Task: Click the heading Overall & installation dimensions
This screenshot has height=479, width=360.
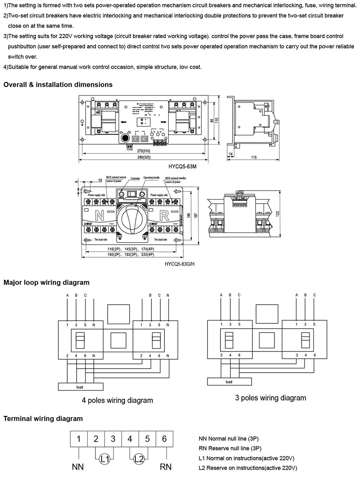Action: click(58, 85)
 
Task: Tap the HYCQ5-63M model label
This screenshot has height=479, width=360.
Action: click(183, 167)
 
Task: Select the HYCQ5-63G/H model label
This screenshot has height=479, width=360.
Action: click(179, 264)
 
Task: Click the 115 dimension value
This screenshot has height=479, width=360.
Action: click(254, 157)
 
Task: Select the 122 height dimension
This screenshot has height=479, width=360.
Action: click(278, 213)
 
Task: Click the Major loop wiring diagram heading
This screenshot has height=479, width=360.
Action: click(46, 283)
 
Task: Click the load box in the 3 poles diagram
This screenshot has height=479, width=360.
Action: click(229, 382)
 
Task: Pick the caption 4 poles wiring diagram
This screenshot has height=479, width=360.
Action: click(117, 400)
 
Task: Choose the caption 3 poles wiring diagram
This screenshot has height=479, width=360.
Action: click(271, 398)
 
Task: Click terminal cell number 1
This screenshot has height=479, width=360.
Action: click(79, 439)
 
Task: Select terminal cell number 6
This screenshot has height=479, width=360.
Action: click(165, 439)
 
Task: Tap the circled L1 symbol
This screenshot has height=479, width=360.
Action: click(104, 459)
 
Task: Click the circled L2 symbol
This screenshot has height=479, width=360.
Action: click(139, 459)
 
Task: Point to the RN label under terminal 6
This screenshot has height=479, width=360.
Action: click(166, 467)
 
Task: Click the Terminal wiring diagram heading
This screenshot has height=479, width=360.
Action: click(43, 419)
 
